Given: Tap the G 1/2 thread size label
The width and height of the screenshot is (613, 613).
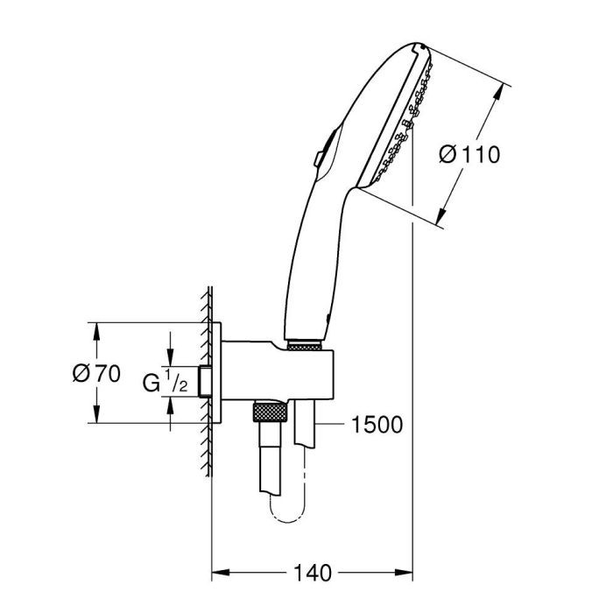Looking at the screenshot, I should click(x=166, y=381).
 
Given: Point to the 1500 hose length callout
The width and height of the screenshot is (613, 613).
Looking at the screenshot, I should click(x=376, y=426).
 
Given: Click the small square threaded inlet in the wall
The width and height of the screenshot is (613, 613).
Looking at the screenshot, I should click(x=206, y=382).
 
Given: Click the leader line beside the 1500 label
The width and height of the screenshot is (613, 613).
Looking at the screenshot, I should click(x=333, y=426).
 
